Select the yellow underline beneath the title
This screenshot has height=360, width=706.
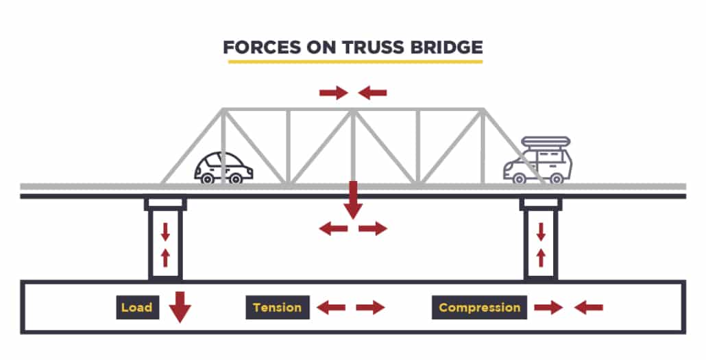355,62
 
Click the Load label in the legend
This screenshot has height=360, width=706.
136,307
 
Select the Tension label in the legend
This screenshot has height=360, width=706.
277,307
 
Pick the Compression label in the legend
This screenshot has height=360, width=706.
479,307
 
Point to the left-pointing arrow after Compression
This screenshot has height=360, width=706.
589,308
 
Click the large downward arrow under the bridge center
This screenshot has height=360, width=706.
353,200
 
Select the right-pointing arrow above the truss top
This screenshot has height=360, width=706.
334,93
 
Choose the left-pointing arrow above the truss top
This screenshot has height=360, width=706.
373,93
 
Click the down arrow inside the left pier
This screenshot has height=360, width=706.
165,232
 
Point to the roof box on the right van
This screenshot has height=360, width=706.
546,142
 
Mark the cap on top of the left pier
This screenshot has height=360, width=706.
165,204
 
